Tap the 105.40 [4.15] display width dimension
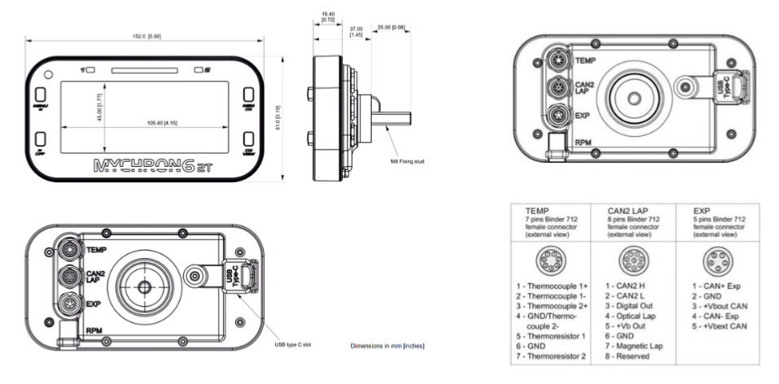point(164,122)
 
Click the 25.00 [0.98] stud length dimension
point(390,27)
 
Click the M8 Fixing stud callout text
point(408,161)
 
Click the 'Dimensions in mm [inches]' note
point(387,347)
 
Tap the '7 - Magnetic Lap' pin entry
point(634,347)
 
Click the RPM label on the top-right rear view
point(584,142)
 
